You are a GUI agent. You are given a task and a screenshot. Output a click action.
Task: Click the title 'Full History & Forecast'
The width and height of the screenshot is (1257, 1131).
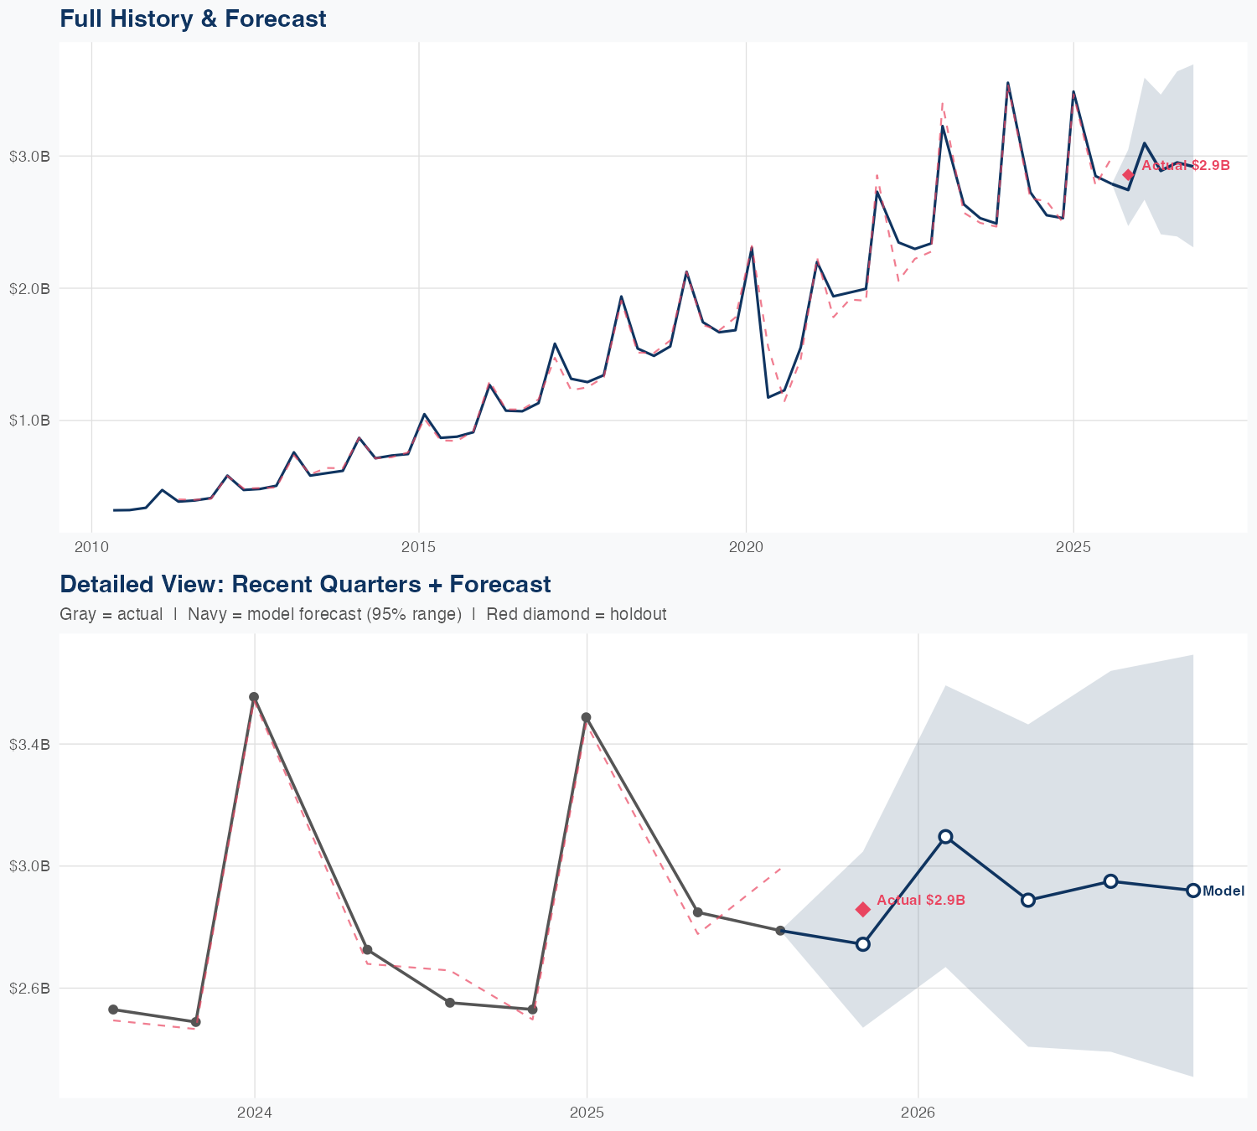pyautogui.click(x=193, y=18)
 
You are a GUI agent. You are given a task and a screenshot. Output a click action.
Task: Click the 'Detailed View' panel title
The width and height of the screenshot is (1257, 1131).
pyautogui.click(x=305, y=584)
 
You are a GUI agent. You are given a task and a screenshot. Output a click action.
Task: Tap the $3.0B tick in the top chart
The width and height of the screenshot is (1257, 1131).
pyautogui.click(x=29, y=157)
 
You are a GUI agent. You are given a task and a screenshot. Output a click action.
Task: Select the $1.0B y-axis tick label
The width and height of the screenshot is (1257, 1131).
pyautogui.click(x=29, y=421)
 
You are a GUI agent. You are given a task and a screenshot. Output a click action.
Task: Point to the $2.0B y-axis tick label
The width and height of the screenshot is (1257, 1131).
pyautogui.click(x=29, y=289)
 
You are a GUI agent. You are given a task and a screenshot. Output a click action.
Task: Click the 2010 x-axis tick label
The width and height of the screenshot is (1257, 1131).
pyautogui.click(x=91, y=548)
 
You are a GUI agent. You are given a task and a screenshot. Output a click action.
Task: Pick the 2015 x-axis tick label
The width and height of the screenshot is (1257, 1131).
pyautogui.click(x=418, y=548)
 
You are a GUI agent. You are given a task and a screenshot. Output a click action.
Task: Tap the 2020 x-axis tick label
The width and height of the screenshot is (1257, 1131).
pyautogui.click(x=746, y=548)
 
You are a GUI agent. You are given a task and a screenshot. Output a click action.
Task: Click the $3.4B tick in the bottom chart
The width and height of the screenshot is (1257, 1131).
pyautogui.click(x=29, y=744)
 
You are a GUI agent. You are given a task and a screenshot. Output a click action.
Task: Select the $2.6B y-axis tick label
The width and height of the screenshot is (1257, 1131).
pyautogui.click(x=29, y=989)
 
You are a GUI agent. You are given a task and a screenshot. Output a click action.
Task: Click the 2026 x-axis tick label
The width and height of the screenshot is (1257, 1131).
pyautogui.click(x=918, y=1113)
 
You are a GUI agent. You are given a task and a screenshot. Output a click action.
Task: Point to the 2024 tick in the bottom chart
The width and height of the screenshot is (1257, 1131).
pyautogui.click(x=255, y=1113)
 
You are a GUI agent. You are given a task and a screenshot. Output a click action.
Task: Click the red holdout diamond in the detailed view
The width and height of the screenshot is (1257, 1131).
pyautogui.click(x=863, y=909)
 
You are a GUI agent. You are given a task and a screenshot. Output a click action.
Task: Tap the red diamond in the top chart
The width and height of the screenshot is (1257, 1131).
pyautogui.click(x=1128, y=174)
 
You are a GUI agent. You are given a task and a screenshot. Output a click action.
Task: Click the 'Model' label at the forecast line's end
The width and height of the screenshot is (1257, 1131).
pyautogui.click(x=1223, y=891)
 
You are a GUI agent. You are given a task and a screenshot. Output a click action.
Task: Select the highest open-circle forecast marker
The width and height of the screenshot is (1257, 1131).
pyautogui.click(x=945, y=836)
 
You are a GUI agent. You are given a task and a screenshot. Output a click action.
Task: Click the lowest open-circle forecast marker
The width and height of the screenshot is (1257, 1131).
pyautogui.click(x=862, y=944)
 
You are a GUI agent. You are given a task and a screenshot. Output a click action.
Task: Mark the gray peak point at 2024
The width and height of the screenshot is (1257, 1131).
pyautogui.click(x=254, y=697)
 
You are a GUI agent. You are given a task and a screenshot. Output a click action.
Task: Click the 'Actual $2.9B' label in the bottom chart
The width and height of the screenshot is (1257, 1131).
pyautogui.click(x=921, y=900)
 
